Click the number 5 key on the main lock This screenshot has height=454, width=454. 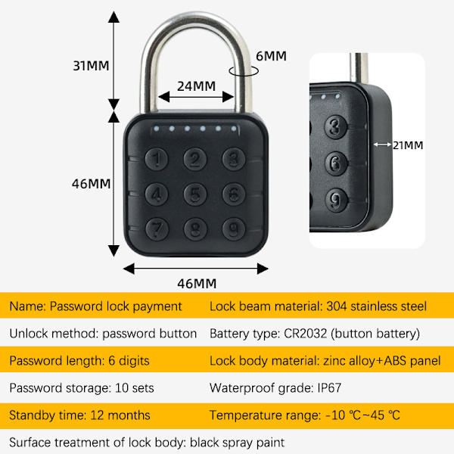(x=196, y=194)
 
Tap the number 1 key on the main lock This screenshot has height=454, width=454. (x=157, y=159)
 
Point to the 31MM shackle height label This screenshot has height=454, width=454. (x=91, y=65)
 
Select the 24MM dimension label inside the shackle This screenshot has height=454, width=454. (x=196, y=86)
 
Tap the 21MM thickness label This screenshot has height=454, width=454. (x=408, y=145)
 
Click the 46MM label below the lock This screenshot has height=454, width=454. (x=196, y=284)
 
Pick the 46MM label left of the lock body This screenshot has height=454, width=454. (x=91, y=184)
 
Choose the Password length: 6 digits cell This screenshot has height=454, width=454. (x=79, y=360)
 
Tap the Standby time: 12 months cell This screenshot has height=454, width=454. (x=79, y=415)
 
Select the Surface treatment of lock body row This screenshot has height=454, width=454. (x=147, y=441)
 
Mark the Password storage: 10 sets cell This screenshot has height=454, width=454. (x=82, y=387)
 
